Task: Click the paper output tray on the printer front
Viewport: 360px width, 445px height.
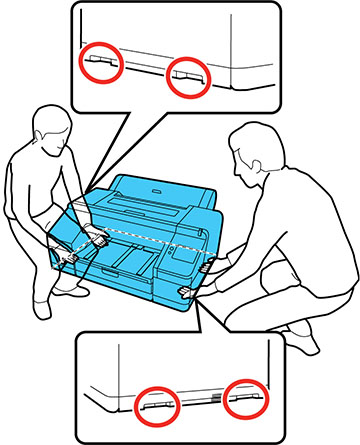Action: (x=125, y=268)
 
